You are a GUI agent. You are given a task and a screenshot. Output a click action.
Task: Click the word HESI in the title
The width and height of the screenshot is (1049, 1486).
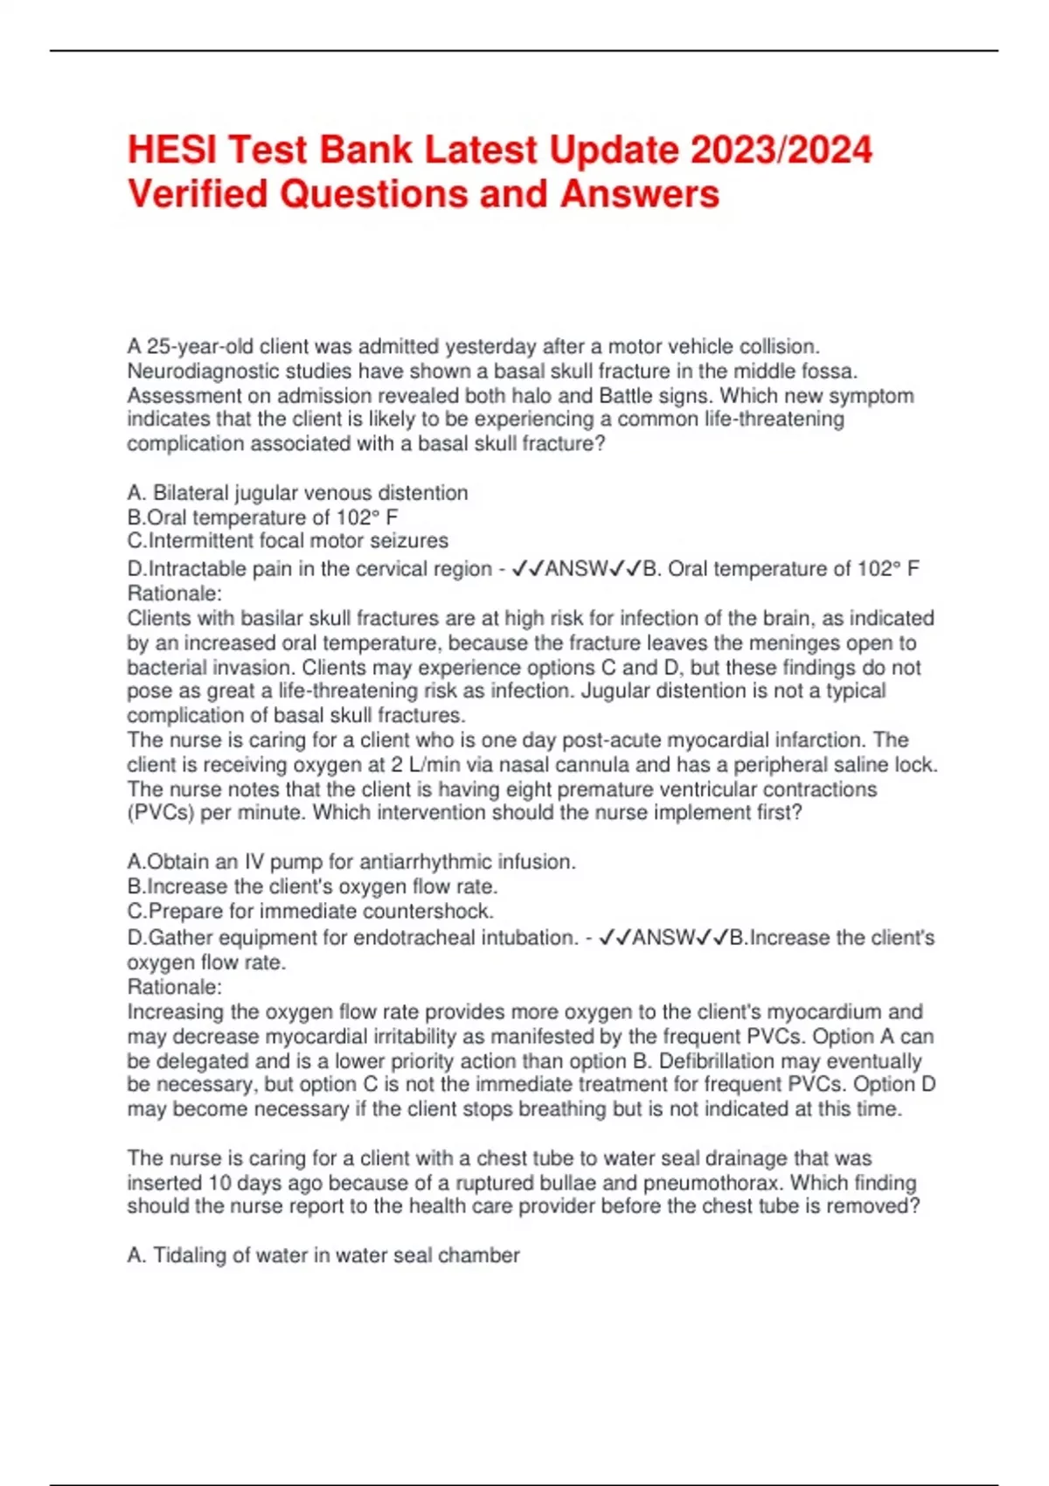coord(171,149)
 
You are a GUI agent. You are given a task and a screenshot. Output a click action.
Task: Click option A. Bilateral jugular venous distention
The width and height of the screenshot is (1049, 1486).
coord(297,493)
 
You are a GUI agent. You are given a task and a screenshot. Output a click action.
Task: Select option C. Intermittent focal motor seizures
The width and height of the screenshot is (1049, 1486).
coord(288,541)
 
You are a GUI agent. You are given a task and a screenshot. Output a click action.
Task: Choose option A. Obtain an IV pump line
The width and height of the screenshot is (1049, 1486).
coord(351,862)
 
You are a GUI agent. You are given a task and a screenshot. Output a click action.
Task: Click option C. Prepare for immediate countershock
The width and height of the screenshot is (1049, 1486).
coord(310,911)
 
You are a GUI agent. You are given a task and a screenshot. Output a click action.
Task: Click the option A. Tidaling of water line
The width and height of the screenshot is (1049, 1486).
coord(323,1255)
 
